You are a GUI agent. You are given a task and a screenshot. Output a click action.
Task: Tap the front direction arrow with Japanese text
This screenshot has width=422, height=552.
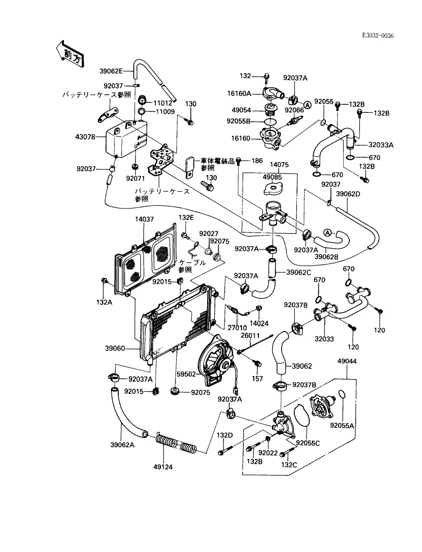[x=70, y=54]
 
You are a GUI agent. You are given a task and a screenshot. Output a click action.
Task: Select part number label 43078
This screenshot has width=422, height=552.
[x=86, y=137]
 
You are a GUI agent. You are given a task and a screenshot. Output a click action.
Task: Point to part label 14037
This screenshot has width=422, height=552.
[x=144, y=219]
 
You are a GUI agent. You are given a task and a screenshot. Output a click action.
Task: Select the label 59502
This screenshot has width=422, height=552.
[x=186, y=374]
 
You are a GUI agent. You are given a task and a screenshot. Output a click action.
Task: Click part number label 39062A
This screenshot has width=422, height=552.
[x=122, y=445]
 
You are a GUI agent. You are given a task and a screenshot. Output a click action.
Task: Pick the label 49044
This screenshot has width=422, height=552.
[x=347, y=361]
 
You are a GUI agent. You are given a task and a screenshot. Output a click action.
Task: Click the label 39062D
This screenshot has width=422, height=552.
[x=348, y=194]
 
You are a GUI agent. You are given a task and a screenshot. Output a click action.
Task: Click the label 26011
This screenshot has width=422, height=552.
[x=251, y=335]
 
